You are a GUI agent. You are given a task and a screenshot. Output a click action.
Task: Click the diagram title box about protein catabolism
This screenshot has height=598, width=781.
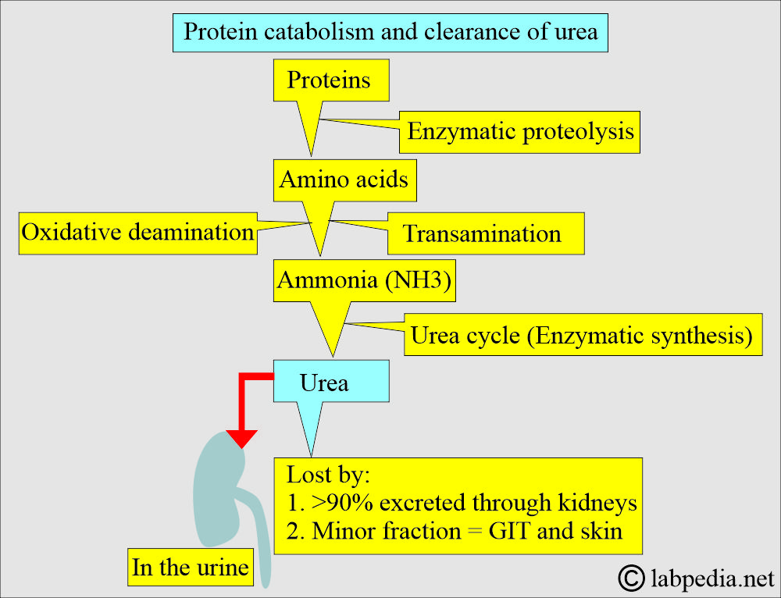click(390, 33)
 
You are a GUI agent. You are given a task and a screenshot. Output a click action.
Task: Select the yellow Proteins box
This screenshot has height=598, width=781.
click(331, 80)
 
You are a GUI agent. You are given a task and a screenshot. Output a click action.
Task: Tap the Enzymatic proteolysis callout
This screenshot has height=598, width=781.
click(519, 133)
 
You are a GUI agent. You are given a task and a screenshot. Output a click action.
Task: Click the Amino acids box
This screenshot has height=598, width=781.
click(344, 180)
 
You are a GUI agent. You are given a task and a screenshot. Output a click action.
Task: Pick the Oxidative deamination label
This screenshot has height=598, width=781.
click(138, 233)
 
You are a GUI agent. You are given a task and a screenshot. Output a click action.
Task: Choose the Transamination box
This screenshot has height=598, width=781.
click(486, 233)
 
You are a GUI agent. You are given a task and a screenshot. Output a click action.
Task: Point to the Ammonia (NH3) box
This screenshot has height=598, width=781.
click(365, 280)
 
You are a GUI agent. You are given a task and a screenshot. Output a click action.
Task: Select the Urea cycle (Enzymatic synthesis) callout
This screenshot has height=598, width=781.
click(583, 335)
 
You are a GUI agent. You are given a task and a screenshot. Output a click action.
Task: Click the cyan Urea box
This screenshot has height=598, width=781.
click(331, 382)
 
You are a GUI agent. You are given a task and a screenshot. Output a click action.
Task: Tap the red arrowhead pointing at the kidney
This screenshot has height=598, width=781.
click(241, 439)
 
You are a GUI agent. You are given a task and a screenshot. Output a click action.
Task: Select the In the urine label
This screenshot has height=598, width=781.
click(191, 567)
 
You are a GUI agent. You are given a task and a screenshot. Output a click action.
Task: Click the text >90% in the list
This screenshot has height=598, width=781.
click(342, 503)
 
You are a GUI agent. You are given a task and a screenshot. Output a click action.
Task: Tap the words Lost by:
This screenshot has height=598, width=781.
click(328, 475)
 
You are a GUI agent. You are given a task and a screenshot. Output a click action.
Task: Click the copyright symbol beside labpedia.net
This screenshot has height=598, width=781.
click(631, 578)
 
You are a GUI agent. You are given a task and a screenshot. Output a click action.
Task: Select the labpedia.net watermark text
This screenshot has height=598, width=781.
click(713, 578)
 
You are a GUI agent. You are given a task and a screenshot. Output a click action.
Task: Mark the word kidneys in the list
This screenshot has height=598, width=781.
click(597, 504)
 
